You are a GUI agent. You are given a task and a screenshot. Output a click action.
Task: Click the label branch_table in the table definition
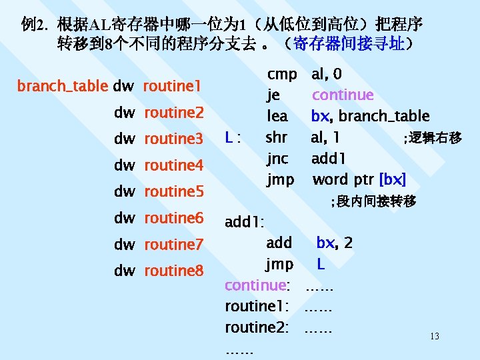[x=62, y=86]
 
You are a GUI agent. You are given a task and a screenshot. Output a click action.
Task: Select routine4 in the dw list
[x=173, y=165]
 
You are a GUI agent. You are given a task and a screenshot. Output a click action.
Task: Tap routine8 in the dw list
[x=173, y=271]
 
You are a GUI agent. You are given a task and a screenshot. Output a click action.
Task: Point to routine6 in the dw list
[x=173, y=218]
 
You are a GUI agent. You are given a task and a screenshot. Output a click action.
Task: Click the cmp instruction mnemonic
[x=282, y=74]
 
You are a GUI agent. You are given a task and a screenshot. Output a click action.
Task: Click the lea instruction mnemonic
[x=277, y=117]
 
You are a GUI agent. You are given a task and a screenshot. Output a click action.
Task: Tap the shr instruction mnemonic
[x=277, y=138]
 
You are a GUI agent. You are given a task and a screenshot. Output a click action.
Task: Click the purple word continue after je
[x=343, y=95]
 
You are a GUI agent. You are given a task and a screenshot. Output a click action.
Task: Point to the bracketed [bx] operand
[x=392, y=179]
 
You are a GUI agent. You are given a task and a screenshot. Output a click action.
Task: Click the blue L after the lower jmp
[x=321, y=264]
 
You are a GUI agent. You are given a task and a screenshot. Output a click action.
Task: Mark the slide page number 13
[x=434, y=336]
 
